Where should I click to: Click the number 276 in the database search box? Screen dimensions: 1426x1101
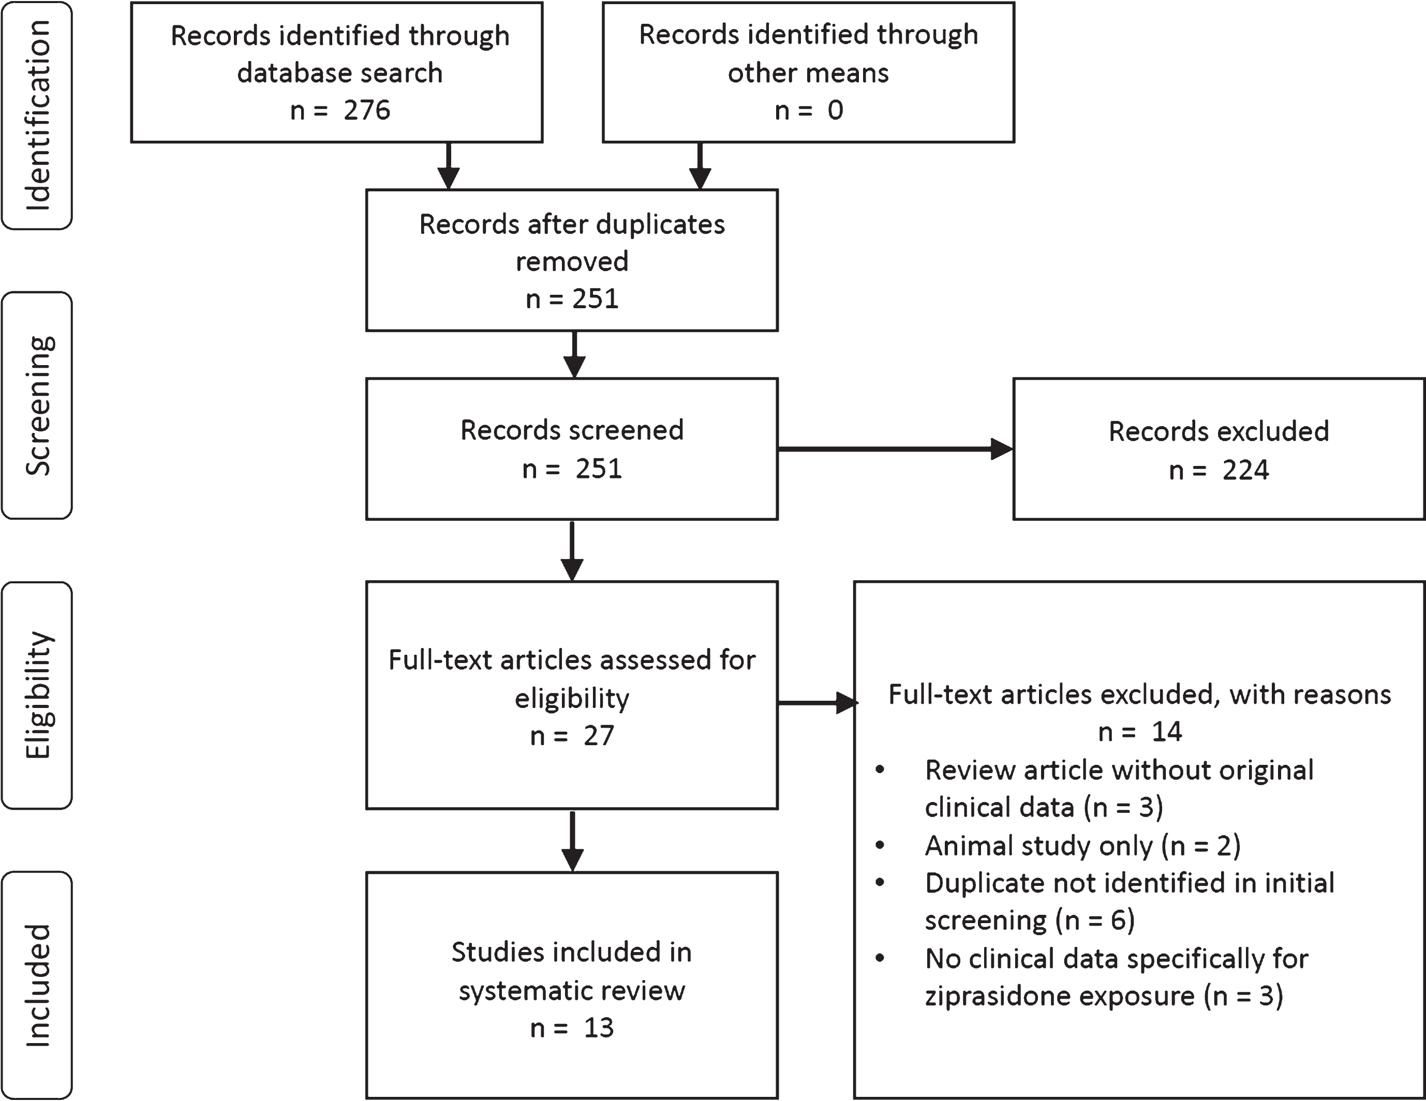[367, 110]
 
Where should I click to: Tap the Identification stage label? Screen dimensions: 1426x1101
[37, 115]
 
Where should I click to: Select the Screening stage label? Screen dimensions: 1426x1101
[37, 405]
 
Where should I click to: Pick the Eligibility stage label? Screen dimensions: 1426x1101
[37, 695]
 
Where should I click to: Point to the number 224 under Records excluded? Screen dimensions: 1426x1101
[1246, 470]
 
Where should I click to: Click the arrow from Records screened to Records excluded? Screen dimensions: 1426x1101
[895, 449]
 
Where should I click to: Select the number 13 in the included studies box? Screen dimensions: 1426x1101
[599, 1028]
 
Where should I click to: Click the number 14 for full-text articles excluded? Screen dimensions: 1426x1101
[1167, 732]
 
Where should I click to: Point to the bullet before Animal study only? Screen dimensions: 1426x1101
[880, 845]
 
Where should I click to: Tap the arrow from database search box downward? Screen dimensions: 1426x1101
[449, 166]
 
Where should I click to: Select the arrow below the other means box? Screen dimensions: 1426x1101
[700, 166]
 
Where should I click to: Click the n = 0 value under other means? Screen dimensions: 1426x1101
[809, 110]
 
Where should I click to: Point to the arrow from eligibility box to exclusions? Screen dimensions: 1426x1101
[818, 703]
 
